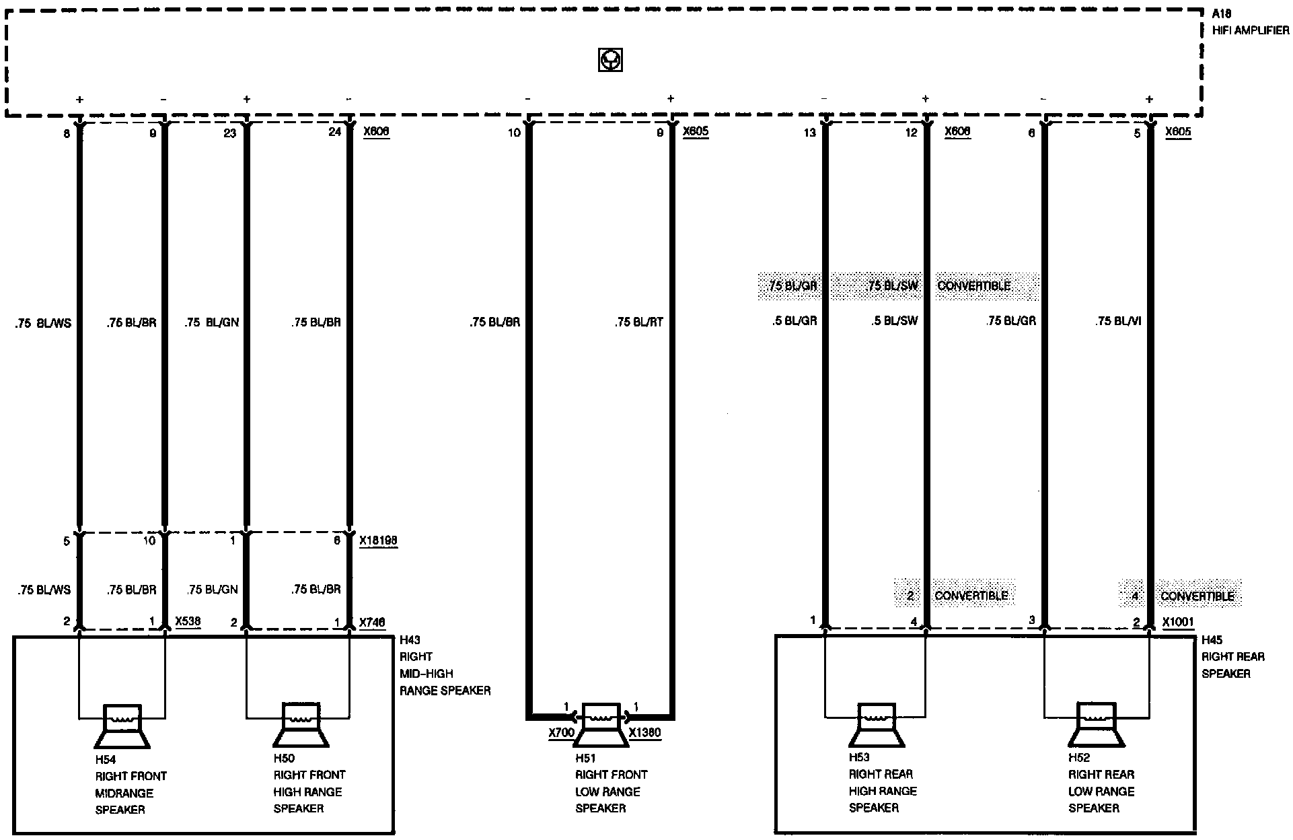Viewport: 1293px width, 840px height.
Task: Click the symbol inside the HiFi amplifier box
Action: coord(609,61)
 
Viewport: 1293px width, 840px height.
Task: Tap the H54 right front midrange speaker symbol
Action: coord(122,726)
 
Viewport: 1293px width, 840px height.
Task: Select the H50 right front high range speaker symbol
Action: coord(301,726)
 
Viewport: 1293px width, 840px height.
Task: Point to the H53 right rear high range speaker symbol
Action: coord(876,726)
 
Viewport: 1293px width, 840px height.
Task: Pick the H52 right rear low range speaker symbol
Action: coord(1096,726)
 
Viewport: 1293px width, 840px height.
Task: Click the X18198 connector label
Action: coord(378,540)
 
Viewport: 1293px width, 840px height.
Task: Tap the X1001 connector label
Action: coord(1178,623)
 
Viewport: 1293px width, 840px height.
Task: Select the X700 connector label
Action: coord(561,733)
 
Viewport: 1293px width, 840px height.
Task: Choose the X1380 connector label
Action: coord(644,733)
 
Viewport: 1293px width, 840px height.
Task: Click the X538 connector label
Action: coord(188,621)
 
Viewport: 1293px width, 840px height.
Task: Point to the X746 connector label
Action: coord(372,623)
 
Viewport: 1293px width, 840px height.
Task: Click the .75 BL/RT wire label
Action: coord(638,322)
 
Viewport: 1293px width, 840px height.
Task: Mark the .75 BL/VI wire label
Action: coord(1118,322)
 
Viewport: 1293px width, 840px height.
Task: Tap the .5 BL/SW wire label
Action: coord(894,321)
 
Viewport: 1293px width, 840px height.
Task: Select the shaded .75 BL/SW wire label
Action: coord(893,286)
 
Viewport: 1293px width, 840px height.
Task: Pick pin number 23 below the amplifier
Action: coord(229,133)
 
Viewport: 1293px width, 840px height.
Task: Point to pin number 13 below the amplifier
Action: coord(809,133)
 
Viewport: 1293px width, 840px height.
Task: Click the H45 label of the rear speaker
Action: coord(1212,640)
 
